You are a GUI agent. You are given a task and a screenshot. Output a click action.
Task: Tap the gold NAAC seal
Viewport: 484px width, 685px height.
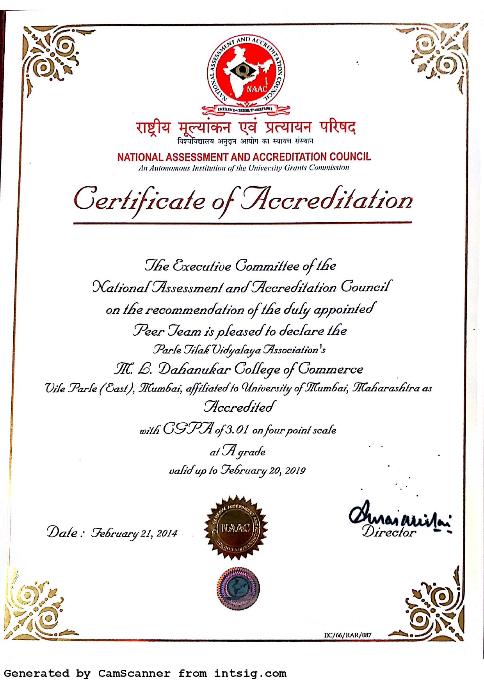tap(236, 527)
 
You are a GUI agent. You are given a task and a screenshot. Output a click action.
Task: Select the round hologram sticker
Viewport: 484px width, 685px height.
tap(238, 589)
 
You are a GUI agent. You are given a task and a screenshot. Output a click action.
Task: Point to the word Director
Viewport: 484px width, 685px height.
tap(389, 532)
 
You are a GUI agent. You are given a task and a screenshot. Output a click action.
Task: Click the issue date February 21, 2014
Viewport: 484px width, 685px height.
tap(134, 533)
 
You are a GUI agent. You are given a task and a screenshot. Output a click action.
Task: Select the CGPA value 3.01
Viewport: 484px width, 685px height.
tap(237, 430)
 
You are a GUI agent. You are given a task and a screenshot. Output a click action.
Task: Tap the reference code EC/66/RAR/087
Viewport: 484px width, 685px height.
tap(347, 635)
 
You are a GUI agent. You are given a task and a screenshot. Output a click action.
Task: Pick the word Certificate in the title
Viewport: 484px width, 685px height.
tap(139, 199)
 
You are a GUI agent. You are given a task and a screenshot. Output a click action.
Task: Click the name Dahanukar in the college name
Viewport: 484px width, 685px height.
tap(194, 369)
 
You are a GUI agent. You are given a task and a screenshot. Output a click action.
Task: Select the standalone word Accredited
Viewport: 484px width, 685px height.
tap(240, 407)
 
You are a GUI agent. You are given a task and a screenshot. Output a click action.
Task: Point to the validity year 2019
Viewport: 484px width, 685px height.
tap(295, 470)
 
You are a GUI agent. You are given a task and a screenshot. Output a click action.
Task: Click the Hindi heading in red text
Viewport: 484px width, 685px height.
tap(246, 128)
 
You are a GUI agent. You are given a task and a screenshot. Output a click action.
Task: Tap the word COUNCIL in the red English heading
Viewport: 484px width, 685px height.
tap(350, 157)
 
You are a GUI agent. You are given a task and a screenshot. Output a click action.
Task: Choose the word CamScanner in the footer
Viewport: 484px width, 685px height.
tap(134, 673)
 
